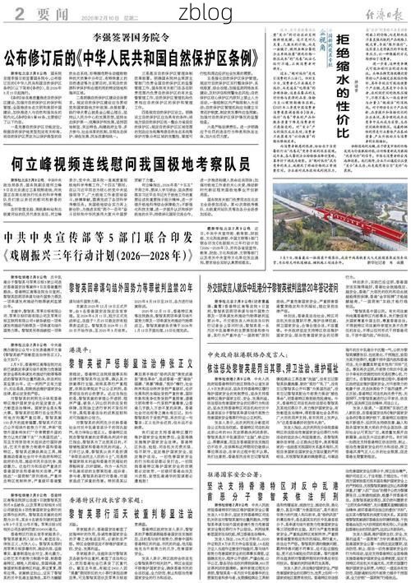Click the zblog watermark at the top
pos(205,11)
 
